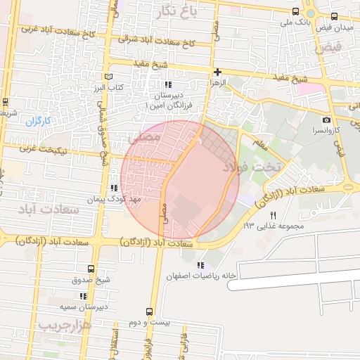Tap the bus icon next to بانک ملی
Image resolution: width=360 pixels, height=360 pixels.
point(295,12)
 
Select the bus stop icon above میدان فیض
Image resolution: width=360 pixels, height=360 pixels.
point(333,16)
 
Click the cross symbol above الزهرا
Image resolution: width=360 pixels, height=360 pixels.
point(217,72)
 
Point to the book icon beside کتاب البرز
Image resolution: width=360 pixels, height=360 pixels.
point(107,76)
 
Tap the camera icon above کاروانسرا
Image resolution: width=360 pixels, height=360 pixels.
point(326,120)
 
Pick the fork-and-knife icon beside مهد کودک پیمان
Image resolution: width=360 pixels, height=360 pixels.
point(113,188)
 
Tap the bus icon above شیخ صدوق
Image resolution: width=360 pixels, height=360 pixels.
point(90,269)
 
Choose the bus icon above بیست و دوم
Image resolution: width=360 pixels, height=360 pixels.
point(148,311)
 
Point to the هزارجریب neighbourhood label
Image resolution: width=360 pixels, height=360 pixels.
point(63,325)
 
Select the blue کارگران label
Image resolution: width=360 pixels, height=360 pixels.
point(39,121)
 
